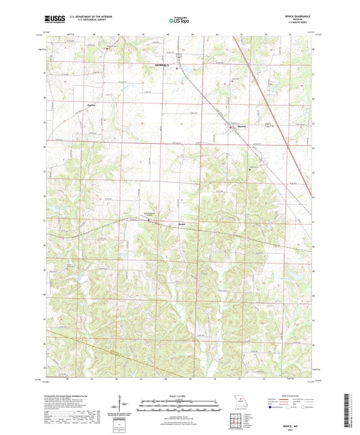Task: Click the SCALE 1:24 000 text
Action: (178, 396)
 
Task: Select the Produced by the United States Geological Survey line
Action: (68, 396)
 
